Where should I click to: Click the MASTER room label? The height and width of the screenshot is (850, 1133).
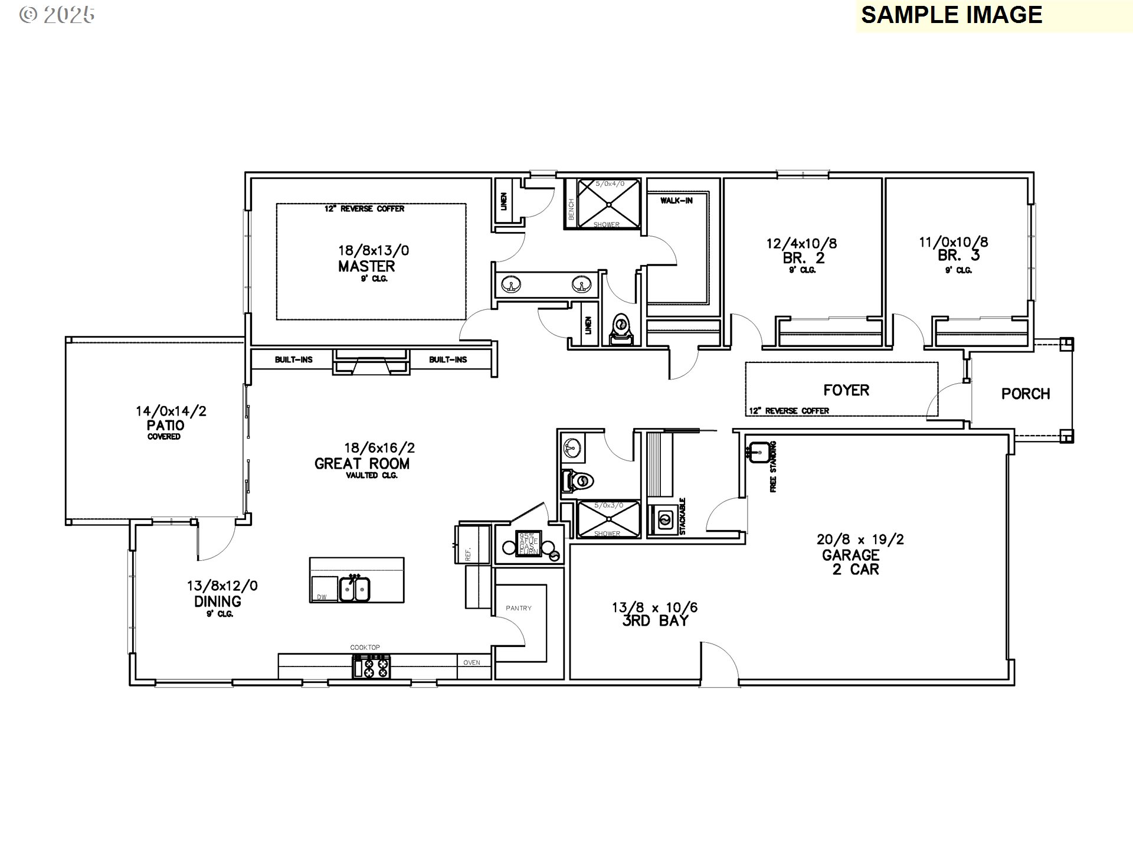click(x=366, y=266)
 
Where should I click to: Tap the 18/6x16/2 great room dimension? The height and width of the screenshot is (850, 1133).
click(x=379, y=448)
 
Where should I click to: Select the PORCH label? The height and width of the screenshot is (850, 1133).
click(x=1026, y=394)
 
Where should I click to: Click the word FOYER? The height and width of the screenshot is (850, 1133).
click(x=846, y=390)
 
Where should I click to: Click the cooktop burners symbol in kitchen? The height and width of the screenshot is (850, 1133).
click(x=372, y=667)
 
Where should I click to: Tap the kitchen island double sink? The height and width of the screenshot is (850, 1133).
click(x=354, y=589)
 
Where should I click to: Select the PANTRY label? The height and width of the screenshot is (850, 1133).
click(x=519, y=608)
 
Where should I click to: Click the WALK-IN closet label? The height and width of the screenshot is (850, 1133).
click(x=676, y=201)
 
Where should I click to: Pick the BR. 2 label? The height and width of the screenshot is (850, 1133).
click(x=803, y=258)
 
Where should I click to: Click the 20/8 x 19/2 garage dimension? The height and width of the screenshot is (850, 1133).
click(x=860, y=540)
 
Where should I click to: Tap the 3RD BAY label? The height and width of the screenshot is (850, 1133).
click(x=655, y=621)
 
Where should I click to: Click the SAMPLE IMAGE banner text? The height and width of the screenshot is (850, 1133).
click(x=951, y=15)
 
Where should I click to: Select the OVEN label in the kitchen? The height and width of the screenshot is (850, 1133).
click(x=471, y=662)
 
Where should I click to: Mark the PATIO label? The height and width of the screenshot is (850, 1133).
click(x=165, y=426)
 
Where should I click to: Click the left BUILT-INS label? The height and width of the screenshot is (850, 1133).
click(x=293, y=359)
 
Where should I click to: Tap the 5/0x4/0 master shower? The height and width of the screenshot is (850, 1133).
click(x=608, y=204)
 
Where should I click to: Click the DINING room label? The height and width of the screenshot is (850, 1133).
click(x=217, y=601)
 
